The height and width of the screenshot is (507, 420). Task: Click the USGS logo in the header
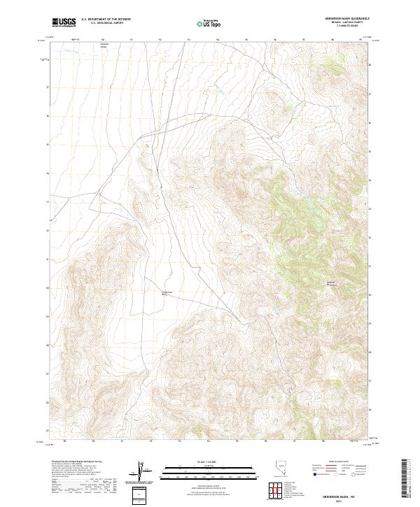point(64,23)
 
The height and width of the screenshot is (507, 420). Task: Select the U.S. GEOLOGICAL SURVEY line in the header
point(106,24)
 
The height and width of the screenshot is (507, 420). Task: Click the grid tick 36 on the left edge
point(48,116)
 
